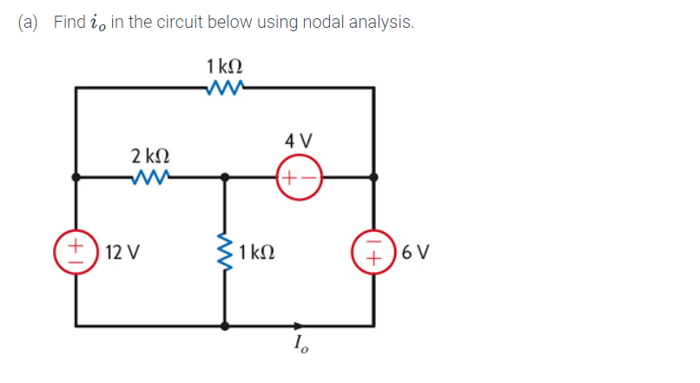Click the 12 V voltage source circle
click(76, 253)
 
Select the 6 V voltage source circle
click(375, 253)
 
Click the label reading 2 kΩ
click(149, 155)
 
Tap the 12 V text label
click(121, 254)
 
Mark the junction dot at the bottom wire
click(226, 327)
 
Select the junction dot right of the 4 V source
click(375, 176)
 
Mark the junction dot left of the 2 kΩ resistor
click(76, 176)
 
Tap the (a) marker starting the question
click(29, 23)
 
